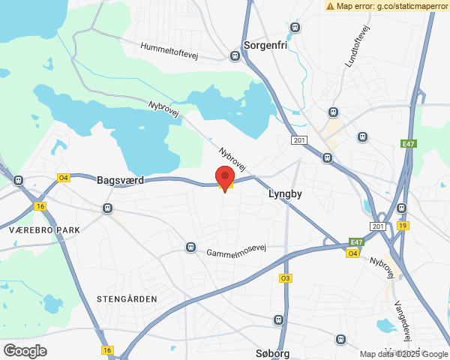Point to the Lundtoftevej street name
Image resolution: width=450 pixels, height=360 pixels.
358,46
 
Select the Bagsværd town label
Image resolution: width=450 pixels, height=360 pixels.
120,181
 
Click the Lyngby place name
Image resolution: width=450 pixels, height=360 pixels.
284,193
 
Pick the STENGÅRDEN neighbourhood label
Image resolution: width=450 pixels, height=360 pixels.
127,298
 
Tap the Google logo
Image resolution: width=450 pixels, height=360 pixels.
25,350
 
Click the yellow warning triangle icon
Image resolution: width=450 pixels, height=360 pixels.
330,6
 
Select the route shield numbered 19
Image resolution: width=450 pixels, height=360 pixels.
403,226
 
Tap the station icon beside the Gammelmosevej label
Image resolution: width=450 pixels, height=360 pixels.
191,247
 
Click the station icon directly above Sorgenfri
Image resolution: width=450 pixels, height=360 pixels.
295,28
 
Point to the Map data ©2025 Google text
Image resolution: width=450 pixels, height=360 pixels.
403,354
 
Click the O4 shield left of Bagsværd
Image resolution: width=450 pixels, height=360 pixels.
64,178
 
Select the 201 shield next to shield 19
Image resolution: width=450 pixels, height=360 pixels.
377,226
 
